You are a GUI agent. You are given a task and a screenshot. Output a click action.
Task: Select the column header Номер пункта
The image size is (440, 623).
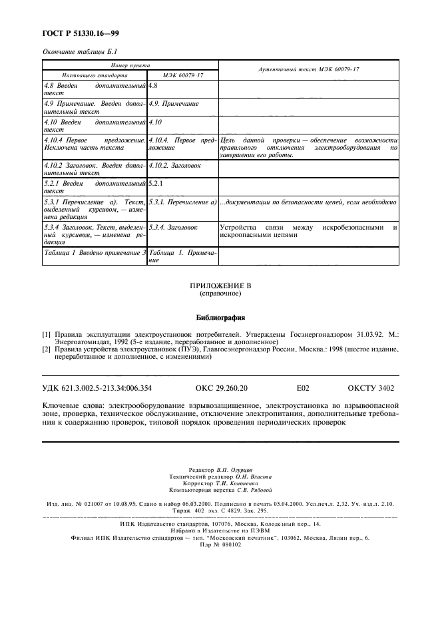point(130,65)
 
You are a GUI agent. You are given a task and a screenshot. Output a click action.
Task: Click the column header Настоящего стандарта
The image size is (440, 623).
point(85,75)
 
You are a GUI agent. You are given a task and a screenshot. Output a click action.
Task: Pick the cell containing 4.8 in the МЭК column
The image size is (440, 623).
point(153,86)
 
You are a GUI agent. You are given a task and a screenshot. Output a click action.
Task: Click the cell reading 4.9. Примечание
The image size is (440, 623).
point(174,104)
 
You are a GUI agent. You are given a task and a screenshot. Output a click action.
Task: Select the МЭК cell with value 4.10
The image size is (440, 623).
point(156,122)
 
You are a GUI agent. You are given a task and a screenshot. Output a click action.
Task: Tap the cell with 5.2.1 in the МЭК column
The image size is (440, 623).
point(156,182)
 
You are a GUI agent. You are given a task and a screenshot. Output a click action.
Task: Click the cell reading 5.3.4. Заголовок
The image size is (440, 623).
point(173,228)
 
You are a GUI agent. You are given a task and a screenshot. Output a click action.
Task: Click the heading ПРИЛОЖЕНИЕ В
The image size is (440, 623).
point(220,286)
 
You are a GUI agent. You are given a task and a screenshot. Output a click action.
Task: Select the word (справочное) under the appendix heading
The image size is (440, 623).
point(220,294)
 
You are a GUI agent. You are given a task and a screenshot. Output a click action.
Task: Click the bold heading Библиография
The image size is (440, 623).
point(220,317)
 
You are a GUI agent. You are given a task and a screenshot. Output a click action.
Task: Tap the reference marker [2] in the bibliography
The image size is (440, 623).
point(47,348)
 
